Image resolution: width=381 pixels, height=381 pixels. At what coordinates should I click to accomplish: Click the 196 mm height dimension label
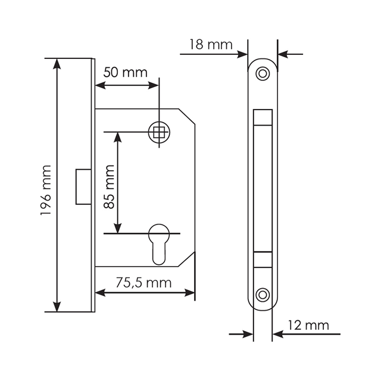pyautogui.click(x=46, y=190)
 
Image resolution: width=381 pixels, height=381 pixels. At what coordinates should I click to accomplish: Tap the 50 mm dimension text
pyautogui.click(x=126, y=73)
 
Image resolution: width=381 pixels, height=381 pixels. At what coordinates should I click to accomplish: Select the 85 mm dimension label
pyautogui.click(x=109, y=186)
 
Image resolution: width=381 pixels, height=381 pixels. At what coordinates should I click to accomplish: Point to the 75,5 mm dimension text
pyautogui.click(x=143, y=283)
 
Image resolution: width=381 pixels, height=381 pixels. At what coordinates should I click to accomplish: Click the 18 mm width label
pyautogui.click(x=211, y=45)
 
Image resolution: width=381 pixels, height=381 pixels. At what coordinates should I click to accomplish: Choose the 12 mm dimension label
pyautogui.click(x=308, y=325)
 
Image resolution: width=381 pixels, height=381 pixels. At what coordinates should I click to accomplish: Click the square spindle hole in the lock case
pyautogui.click(x=159, y=132)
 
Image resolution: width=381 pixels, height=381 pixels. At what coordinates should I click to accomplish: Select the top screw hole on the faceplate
pyautogui.click(x=263, y=73)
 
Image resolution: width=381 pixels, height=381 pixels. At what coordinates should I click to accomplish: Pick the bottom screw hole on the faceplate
pyautogui.click(x=263, y=295)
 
